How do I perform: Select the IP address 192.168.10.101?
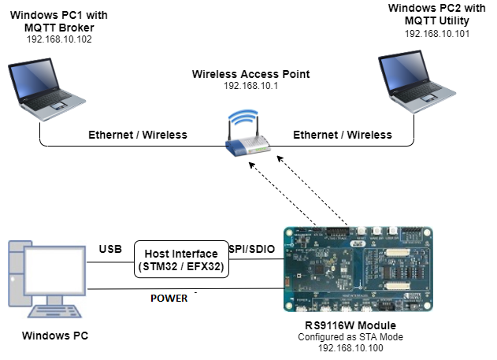(436, 35)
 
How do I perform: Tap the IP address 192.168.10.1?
(251, 87)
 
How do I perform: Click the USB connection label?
(110, 250)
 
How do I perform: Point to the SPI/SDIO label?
(251, 249)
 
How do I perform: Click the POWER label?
(169, 299)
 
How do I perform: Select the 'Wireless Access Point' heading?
(251, 74)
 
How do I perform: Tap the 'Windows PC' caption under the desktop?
(56, 336)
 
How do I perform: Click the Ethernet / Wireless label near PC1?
(138, 135)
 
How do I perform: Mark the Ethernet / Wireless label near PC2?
(343, 135)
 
